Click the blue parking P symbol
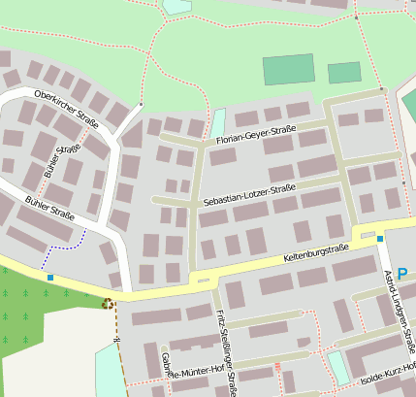pyautogui.click(x=402, y=261)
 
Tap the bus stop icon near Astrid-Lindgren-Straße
pyautogui.click(x=380, y=239)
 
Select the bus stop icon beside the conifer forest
pyautogui.click(x=50, y=278)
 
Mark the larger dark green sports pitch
pyautogui.click(x=289, y=69)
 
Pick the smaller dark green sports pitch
pyautogui.click(x=344, y=73)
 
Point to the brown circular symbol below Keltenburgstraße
pyautogui.click(x=108, y=304)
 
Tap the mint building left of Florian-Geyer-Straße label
pyautogui.click(x=218, y=122)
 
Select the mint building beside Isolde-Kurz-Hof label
pyautogui.click(x=338, y=367)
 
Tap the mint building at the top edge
pyautogui.click(x=177, y=6)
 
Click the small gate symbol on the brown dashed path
pyautogui.click(x=115, y=339)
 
